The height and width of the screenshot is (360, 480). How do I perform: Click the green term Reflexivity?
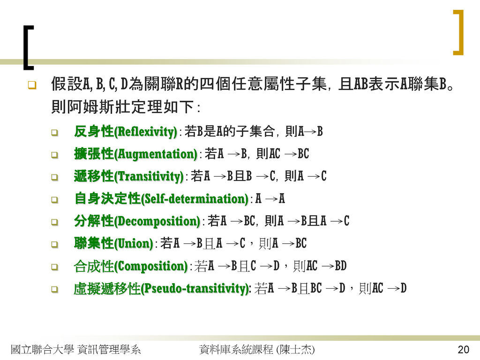point(145,132)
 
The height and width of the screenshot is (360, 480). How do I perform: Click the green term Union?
point(134,244)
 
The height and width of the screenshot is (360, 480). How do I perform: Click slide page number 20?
point(463,349)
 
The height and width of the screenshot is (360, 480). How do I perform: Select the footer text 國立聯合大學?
point(42,349)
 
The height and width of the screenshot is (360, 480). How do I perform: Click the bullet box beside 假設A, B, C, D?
point(32,85)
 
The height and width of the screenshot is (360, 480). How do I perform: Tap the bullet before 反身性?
point(54,133)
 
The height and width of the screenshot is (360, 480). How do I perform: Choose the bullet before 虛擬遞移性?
point(54,289)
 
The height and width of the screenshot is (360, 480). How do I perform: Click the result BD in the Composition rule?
point(340,266)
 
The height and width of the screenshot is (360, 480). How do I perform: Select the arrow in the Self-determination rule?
point(271,199)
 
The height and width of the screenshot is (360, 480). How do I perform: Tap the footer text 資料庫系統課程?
point(236,349)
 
